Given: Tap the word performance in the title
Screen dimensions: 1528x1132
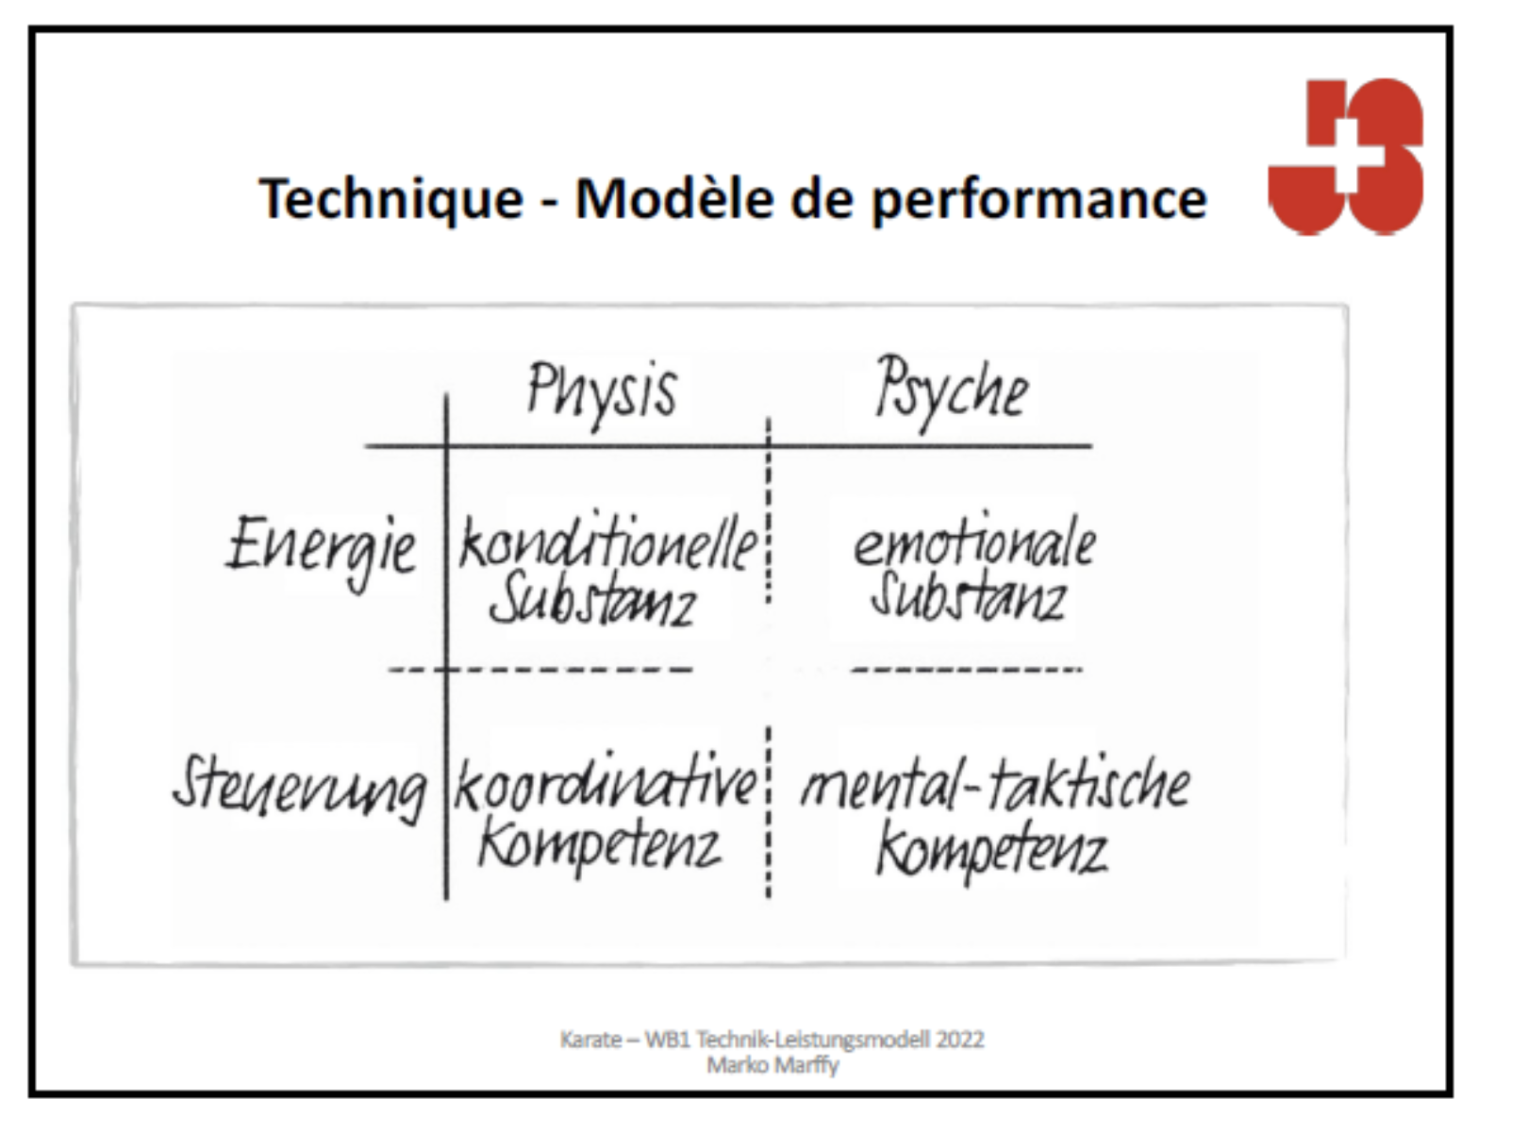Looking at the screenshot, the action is pyautogui.click(x=1038, y=201).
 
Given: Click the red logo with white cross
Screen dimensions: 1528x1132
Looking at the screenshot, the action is pyautogui.click(x=1345, y=158).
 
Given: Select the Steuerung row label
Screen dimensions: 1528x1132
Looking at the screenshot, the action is pyautogui.click(x=300, y=790).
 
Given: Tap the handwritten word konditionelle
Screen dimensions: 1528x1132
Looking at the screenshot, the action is pyautogui.click(x=608, y=544).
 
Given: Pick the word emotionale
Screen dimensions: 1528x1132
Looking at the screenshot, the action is pyautogui.click(x=974, y=541).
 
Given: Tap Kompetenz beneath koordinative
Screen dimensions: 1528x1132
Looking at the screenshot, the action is pyautogui.click(x=599, y=848).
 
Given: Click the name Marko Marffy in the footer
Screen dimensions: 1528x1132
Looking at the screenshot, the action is pyautogui.click(x=772, y=1066).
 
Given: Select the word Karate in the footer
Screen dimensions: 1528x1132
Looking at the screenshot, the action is pyautogui.click(x=590, y=1039).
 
